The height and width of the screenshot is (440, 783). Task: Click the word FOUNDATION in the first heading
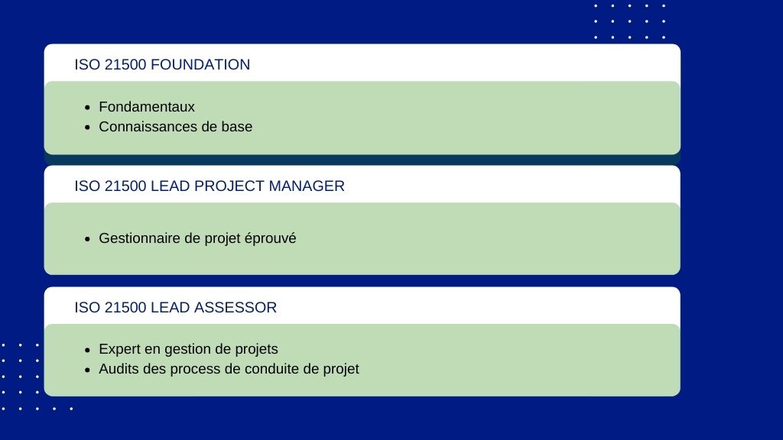(x=200, y=64)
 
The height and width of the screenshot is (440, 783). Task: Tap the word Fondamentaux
(x=147, y=107)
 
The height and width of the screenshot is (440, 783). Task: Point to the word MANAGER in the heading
(x=307, y=186)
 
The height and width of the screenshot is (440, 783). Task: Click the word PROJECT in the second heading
(x=229, y=186)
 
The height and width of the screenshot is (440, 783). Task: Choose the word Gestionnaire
(x=139, y=238)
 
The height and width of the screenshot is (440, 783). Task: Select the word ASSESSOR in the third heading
(x=236, y=307)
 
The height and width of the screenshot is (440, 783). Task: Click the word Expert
(x=119, y=349)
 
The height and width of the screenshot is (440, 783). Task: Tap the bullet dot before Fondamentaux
(x=88, y=108)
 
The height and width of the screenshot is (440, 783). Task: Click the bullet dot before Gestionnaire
(x=88, y=239)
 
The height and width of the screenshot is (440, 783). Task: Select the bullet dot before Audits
(x=88, y=370)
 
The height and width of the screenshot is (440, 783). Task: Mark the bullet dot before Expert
(x=88, y=350)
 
